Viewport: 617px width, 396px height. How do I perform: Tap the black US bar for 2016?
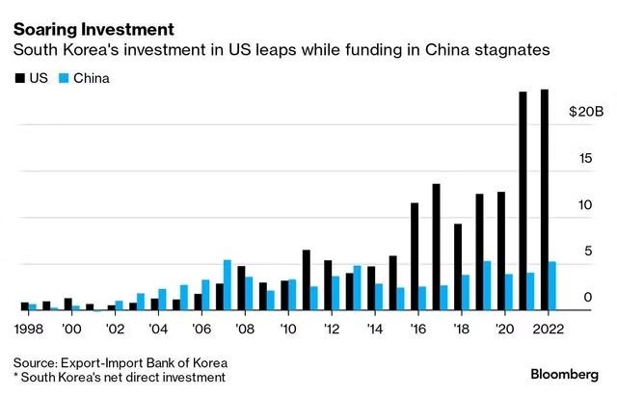(x=414, y=257)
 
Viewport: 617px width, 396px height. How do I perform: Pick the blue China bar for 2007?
(x=228, y=285)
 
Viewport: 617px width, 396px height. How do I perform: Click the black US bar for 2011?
(x=306, y=280)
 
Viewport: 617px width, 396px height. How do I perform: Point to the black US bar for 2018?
(x=458, y=267)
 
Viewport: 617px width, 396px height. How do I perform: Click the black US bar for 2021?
(x=523, y=201)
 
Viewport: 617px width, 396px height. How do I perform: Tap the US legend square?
(x=18, y=78)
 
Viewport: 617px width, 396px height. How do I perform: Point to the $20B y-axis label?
(x=585, y=113)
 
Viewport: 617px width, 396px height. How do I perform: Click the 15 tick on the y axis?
(x=588, y=159)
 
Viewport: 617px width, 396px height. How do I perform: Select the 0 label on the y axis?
(x=588, y=299)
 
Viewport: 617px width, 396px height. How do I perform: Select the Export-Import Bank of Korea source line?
(x=121, y=361)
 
